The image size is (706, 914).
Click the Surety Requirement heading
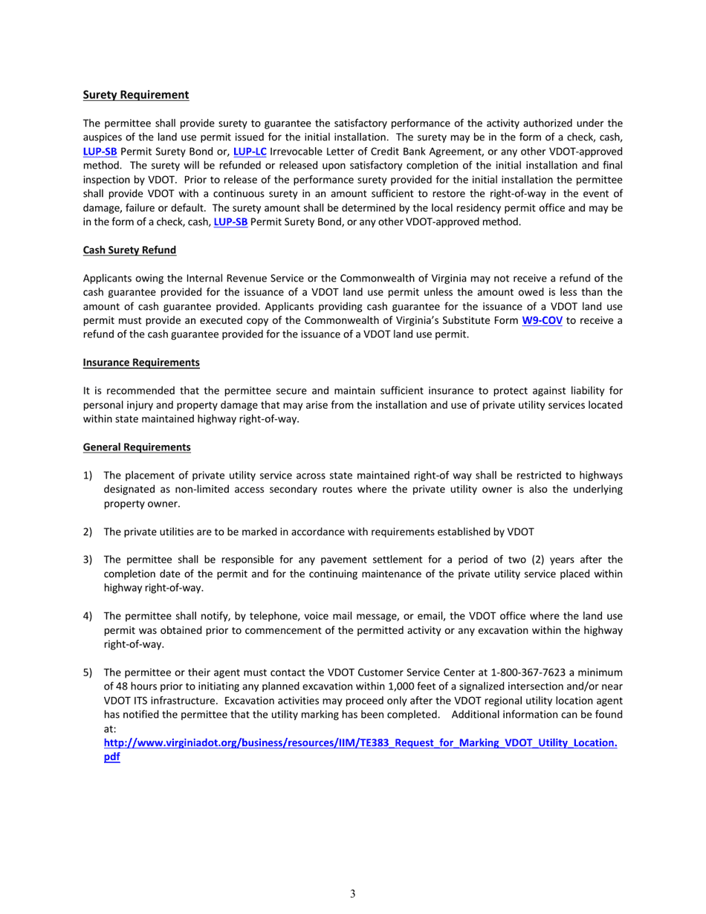click(x=135, y=95)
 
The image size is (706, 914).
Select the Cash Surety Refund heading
click(x=129, y=250)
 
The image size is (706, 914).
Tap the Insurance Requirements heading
click(x=141, y=363)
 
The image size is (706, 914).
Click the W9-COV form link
click(x=542, y=321)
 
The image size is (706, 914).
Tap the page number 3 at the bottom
click(x=353, y=894)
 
